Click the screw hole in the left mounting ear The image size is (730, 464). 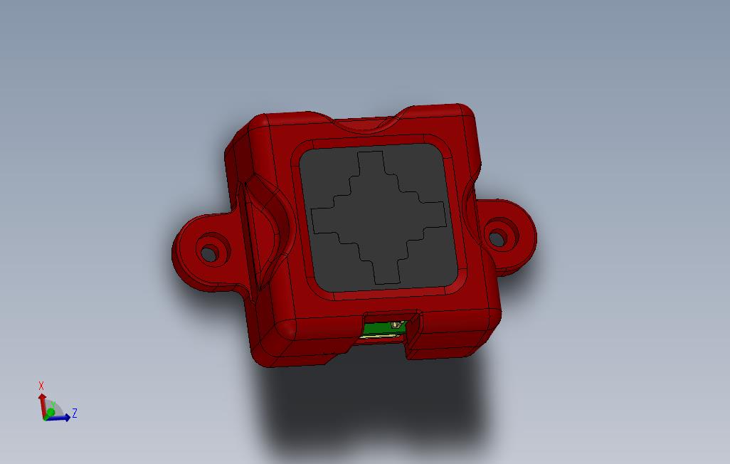pyautogui.click(x=209, y=253)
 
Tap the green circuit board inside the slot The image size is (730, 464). pyautogui.click(x=381, y=328)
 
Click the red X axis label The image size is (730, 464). pyautogui.click(x=41, y=386)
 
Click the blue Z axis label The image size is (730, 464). pyautogui.click(x=75, y=413)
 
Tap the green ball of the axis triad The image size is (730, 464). pyautogui.click(x=51, y=413)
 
